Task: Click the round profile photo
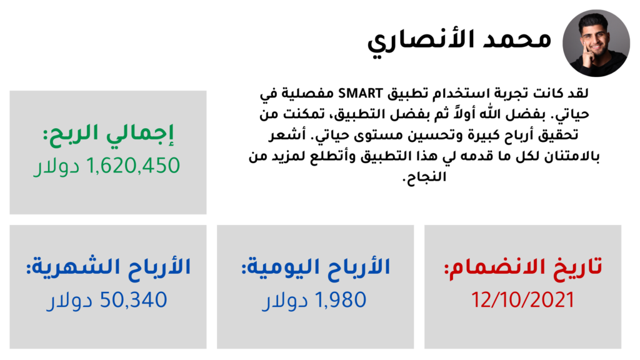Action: tap(596, 43)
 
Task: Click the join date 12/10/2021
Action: tap(523, 300)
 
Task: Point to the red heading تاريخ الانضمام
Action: tap(523, 267)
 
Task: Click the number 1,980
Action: tap(341, 300)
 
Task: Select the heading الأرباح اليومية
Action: tap(316, 267)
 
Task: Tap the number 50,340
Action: tap(134, 300)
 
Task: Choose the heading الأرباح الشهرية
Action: tap(108, 267)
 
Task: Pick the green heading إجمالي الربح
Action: tap(108, 134)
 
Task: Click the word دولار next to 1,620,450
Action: tap(56, 166)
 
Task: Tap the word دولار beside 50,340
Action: tap(69, 301)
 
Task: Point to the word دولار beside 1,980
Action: tap(284, 301)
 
